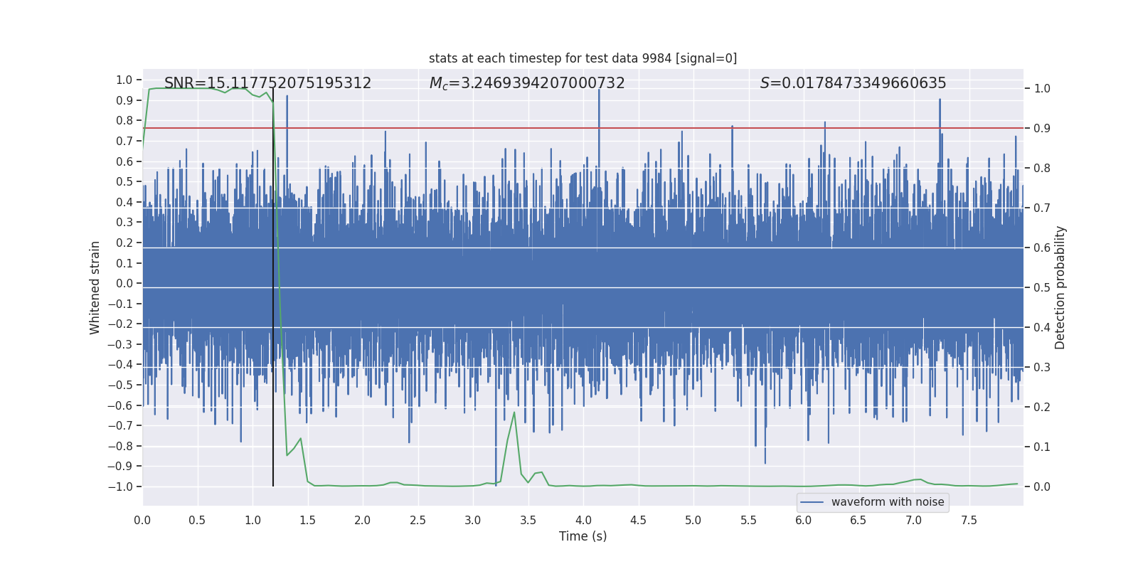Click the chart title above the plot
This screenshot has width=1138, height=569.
(583, 58)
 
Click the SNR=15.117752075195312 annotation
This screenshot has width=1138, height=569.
(267, 83)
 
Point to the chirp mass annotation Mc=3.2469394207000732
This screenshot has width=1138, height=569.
(527, 83)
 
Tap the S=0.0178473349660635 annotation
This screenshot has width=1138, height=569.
(853, 83)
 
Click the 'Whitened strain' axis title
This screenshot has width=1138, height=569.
(95, 287)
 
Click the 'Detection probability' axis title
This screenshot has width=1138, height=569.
(1060, 287)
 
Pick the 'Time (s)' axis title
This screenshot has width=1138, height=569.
(583, 536)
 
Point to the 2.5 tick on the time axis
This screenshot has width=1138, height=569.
(418, 521)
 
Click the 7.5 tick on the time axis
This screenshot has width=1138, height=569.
(969, 521)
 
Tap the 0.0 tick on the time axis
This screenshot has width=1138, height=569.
(142, 521)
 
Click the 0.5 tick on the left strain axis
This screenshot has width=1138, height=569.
(124, 182)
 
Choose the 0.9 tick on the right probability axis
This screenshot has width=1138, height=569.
(1042, 129)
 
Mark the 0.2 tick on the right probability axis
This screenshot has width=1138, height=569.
(1042, 408)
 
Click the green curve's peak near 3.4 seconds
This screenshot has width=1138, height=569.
(514, 413)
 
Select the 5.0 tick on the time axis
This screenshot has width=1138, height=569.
(693, 521)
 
